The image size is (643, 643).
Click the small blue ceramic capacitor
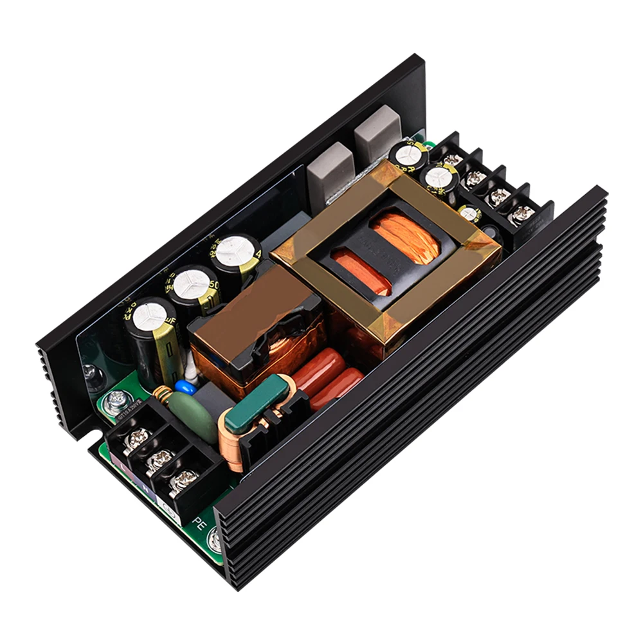[186, 387]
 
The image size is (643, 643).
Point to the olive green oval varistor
[194, 419]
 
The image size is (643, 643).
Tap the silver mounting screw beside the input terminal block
[116, 403]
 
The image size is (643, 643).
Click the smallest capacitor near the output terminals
[470, 213]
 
